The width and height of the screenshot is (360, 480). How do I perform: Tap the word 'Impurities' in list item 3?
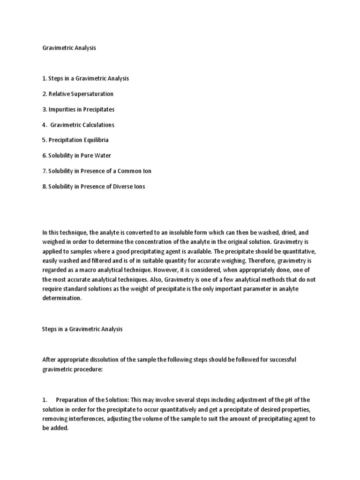[62, 109]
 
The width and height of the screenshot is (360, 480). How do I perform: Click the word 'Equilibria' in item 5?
[96, 140]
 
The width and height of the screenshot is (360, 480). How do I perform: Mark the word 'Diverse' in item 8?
[120, 187]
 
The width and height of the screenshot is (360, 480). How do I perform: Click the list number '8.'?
[45, 187]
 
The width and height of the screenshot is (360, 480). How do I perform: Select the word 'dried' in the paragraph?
[287, 233]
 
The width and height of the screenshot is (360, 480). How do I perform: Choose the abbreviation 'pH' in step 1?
[293, 400]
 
